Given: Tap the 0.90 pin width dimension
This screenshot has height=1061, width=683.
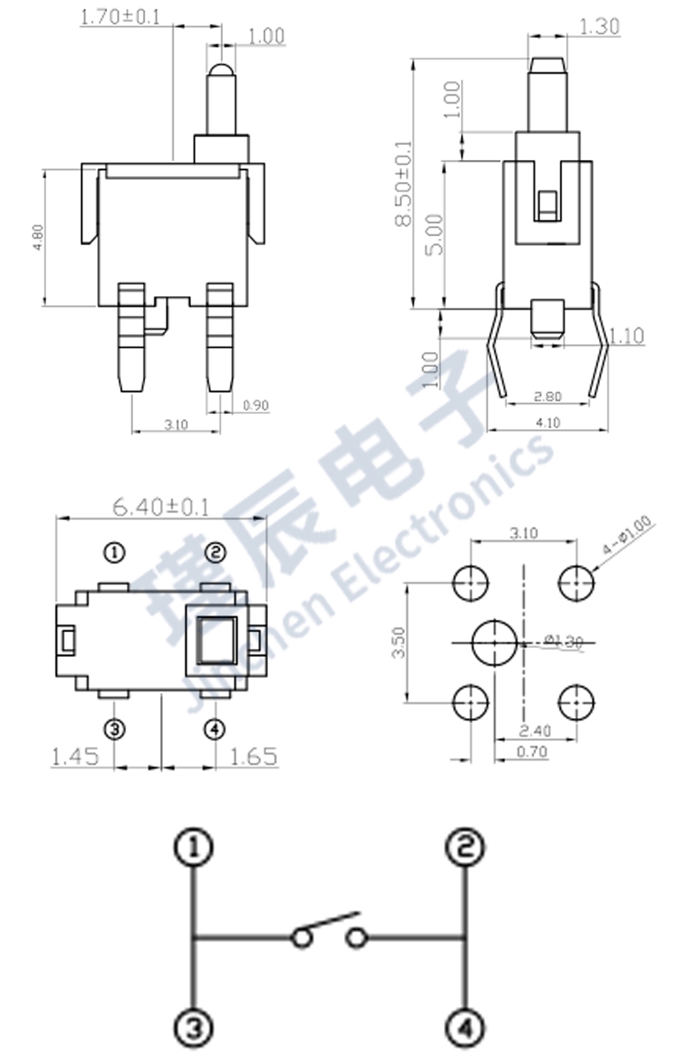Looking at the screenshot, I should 255,406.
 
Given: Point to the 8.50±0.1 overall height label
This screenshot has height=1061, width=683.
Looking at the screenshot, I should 403,184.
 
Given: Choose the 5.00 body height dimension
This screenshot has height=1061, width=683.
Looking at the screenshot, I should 434,234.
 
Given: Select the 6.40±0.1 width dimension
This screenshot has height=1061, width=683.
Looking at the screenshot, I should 160,507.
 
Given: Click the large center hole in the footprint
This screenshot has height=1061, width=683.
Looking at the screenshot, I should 493,643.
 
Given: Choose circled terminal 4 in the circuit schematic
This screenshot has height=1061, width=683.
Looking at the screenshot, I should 464,1027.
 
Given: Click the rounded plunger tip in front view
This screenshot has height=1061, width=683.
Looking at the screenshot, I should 221,73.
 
